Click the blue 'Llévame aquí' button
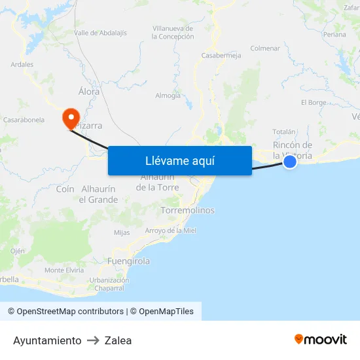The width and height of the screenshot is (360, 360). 179,160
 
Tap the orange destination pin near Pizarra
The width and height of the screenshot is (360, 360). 70,118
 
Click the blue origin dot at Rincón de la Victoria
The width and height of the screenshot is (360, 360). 290,161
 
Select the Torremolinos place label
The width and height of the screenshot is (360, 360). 188,211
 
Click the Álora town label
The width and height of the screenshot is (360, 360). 89,92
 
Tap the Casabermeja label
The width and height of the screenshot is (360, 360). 221,56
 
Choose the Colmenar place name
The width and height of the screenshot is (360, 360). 265,48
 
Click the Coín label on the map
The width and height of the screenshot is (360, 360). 65,189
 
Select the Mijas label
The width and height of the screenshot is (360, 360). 122,232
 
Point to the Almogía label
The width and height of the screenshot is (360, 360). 168,96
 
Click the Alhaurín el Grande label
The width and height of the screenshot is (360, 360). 99,194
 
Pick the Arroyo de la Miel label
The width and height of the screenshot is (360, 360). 171,230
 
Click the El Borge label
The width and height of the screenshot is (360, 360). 314,103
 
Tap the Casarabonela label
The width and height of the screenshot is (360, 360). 24,120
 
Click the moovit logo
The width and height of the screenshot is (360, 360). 321,339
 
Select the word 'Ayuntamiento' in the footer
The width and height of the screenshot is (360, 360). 47,340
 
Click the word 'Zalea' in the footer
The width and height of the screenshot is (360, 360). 118,340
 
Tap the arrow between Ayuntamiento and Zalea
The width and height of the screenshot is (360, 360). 93,340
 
